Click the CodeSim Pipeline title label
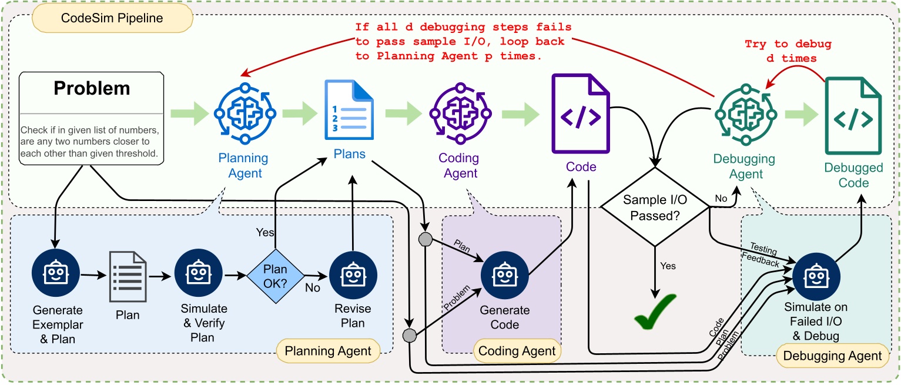112,18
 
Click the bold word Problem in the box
92,88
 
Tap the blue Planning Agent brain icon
243,111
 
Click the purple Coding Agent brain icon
458,111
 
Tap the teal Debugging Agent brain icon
745,111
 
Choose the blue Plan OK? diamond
275,274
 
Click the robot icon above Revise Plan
353,274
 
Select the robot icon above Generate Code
504,274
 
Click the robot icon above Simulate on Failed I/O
816,274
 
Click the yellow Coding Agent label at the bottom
517,351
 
